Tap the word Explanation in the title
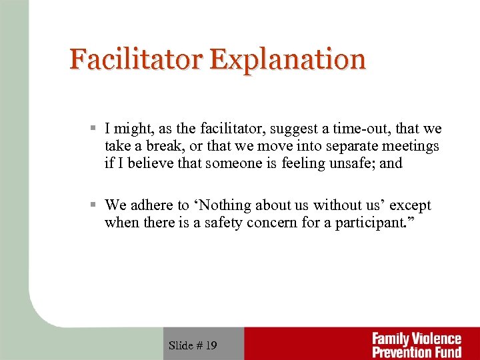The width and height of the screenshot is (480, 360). point(288,59)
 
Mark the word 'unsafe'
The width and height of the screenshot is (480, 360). point(350,163)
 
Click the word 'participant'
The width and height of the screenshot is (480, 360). point(368,223)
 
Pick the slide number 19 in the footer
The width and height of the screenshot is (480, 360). point(211,345)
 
